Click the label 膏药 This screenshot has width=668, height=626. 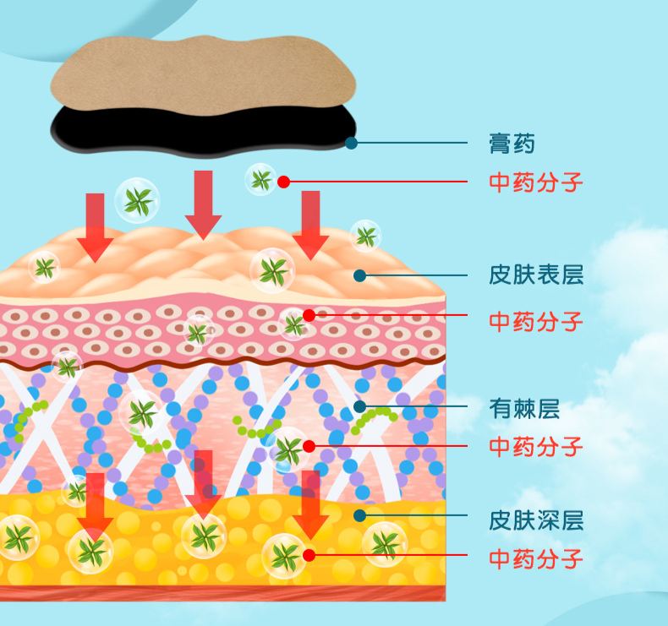(x=512, y=144)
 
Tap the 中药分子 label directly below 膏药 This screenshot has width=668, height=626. (x=535, y=182)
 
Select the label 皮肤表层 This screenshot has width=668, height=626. (x=536, y=275)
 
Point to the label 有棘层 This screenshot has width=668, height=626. (x=524, y=409)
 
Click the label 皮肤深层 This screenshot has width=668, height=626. (x=536, y=520)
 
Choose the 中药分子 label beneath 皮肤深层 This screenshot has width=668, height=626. (x=535, y=558)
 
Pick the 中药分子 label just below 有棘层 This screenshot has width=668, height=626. (x=535, y=446)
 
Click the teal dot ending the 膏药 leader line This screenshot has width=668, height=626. (x=351, y=143)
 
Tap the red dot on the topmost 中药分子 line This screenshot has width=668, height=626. (x=284, y=182)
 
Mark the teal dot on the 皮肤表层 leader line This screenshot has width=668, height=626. (x=360, y=275)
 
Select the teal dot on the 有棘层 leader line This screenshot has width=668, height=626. (x=360, y=406)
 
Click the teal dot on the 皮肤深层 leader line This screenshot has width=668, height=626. (x=360, y=515)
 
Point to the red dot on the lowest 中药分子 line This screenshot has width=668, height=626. (x=309, y=555)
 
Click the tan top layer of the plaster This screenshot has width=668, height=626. (x=203, y=74)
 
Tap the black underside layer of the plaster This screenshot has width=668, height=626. (x=203, y=132)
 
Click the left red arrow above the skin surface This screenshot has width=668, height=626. (x=95, y=228)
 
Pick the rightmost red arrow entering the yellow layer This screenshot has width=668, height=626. (x=310, y=504)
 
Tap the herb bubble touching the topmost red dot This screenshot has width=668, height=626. (x=260, y=180)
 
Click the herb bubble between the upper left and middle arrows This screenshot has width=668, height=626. (x=137, y=200)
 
